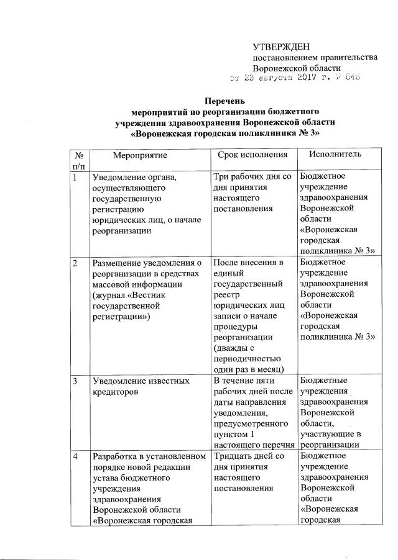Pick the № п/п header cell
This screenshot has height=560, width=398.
[x=78, y=160]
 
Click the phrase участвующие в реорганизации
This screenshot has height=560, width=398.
[x=333, y=439]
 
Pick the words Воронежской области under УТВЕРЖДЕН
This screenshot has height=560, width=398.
[x=297, y=68]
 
